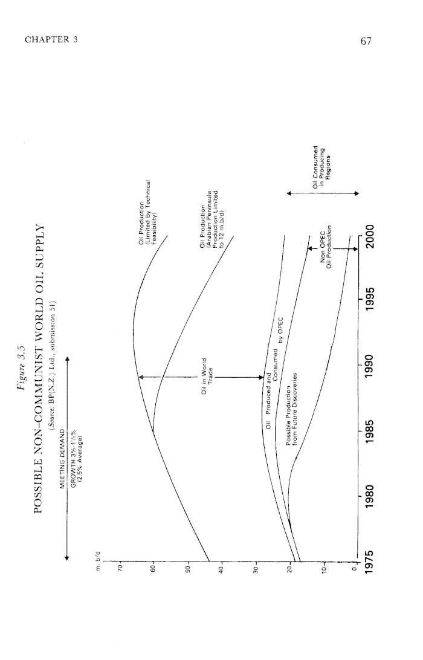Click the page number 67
366,41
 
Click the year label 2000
370,237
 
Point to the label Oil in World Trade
207,376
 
